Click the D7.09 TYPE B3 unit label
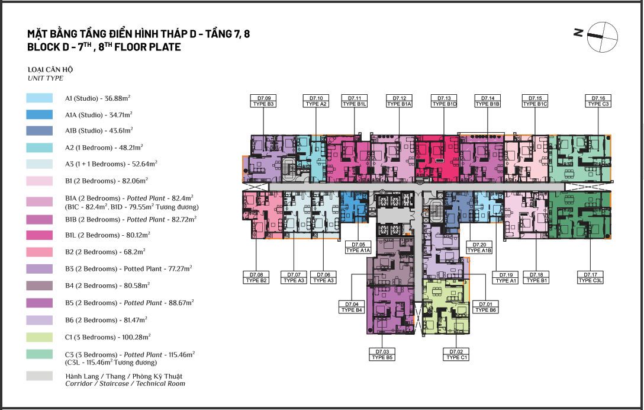263,101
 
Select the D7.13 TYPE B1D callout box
444,101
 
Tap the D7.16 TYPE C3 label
598,101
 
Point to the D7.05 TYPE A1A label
358,248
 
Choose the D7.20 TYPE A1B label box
479,248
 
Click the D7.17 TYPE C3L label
590,278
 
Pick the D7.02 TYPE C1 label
456,354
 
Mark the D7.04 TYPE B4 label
352,307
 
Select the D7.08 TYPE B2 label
256,278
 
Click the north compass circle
603,37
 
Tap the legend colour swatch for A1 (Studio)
40,98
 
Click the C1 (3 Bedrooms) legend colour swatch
40,337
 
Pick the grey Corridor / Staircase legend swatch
40,376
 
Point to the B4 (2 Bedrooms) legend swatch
40,286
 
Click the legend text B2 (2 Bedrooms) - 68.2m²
105,252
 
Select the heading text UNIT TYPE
46,78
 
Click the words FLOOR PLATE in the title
147,47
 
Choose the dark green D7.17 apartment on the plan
579,214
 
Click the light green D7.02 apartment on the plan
445,307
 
